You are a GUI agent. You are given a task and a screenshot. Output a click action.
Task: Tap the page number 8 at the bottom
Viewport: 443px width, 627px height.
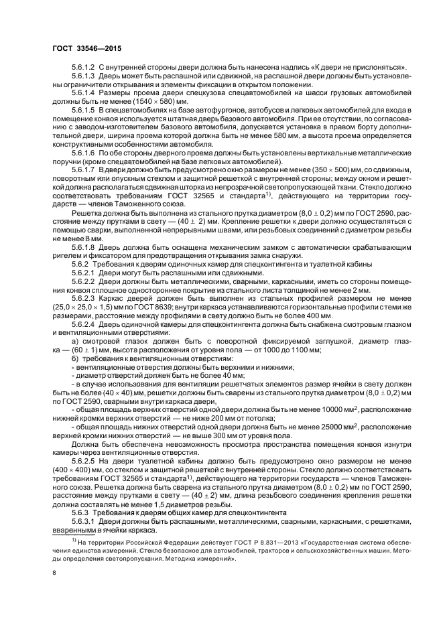[x=55, y=572]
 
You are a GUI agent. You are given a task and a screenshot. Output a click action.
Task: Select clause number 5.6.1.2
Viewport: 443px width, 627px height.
[x=83, y=68]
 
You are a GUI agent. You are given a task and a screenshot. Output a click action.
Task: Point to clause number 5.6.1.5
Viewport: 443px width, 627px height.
[x=83, y=109]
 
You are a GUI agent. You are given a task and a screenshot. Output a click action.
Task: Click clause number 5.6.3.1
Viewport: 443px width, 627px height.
[x=83, y=498]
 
